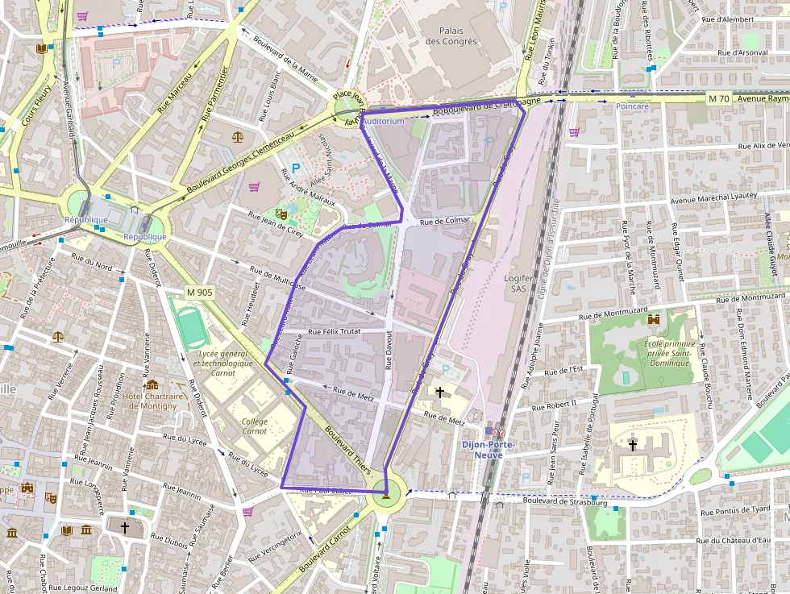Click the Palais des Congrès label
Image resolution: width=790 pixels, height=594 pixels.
(451, 36)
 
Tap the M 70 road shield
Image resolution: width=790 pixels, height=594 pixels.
(719, 98)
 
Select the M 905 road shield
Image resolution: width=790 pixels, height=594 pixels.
(198, 293)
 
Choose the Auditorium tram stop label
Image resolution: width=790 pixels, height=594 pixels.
(384, 121)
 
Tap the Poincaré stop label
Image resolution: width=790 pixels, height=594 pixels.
(632, 106)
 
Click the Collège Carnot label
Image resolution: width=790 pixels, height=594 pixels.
(255, 426)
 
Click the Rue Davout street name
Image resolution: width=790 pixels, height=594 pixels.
(388, 352)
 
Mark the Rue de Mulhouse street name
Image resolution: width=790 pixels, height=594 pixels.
(277, 278)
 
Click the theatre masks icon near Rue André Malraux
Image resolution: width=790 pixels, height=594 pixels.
(281, 214)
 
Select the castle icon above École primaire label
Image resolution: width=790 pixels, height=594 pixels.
(653, 320)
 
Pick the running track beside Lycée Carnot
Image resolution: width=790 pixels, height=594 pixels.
(190, 326)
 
